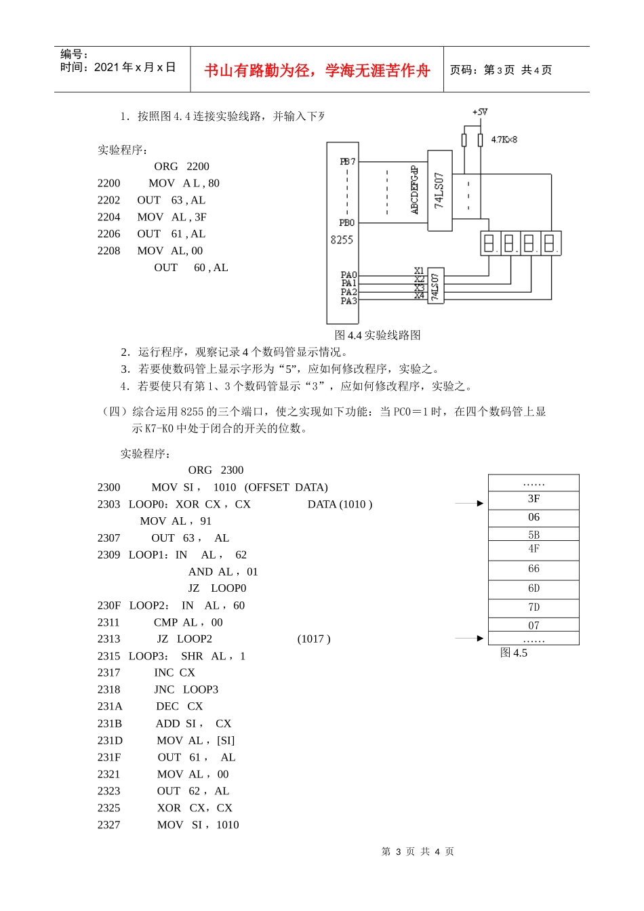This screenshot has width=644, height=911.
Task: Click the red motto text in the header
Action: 317,70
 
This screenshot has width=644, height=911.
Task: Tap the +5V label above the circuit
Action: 480,112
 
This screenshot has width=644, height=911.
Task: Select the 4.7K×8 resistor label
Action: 504,140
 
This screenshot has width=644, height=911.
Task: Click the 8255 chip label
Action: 342,239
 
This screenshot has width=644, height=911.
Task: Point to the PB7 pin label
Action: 347,162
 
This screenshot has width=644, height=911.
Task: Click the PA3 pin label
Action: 348,301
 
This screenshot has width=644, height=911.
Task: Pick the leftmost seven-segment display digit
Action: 489,243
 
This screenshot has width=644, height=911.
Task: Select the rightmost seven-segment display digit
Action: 550,243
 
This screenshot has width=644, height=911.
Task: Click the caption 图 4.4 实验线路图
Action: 378,335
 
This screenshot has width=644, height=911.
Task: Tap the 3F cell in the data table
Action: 534,499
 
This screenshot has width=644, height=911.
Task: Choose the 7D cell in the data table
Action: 534,607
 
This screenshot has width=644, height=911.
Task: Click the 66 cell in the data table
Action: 534,569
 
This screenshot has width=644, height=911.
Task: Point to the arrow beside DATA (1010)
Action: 469,504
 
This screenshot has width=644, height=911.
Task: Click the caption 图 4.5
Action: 513,653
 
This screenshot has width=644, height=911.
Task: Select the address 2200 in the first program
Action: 108,183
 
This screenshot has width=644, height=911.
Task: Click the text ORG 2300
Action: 216,470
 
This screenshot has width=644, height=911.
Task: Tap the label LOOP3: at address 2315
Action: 148,656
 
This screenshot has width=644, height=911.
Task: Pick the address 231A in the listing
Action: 110,706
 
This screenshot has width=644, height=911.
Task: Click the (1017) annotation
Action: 314,639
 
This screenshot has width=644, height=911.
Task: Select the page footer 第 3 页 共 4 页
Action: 418,851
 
